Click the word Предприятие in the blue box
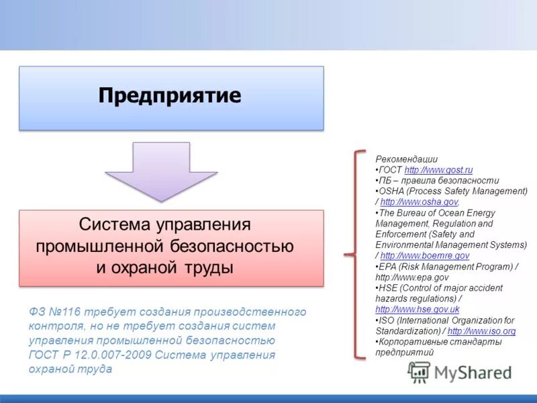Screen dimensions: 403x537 click(169, 95)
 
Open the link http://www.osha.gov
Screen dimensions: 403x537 click(419, 201)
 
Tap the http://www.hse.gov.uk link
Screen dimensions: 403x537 click(417, 310)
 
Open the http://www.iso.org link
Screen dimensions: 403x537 click(481, 331)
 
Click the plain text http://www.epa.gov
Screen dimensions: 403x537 click(411, 277)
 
